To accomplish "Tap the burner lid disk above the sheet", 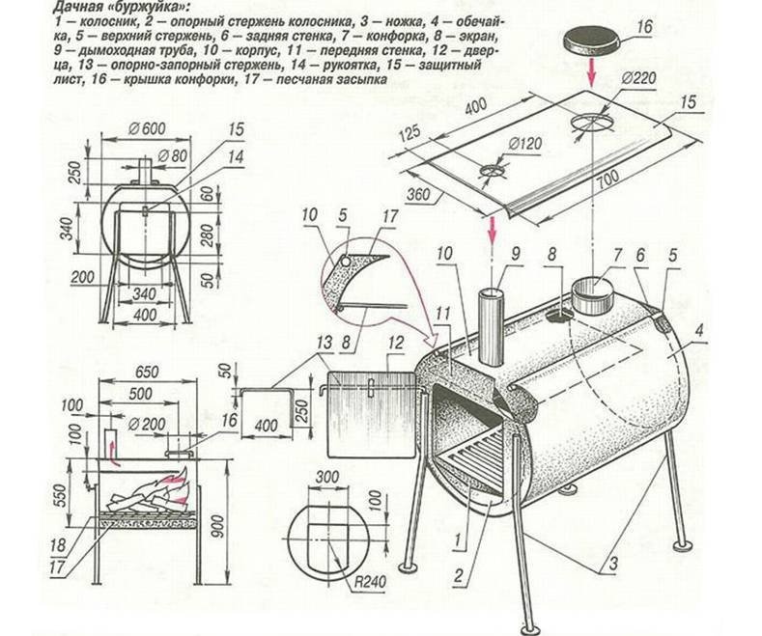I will [x=592, y=39].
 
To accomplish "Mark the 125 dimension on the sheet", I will [x=406, y=135].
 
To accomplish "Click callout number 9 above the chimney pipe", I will [x=516, y=256].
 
